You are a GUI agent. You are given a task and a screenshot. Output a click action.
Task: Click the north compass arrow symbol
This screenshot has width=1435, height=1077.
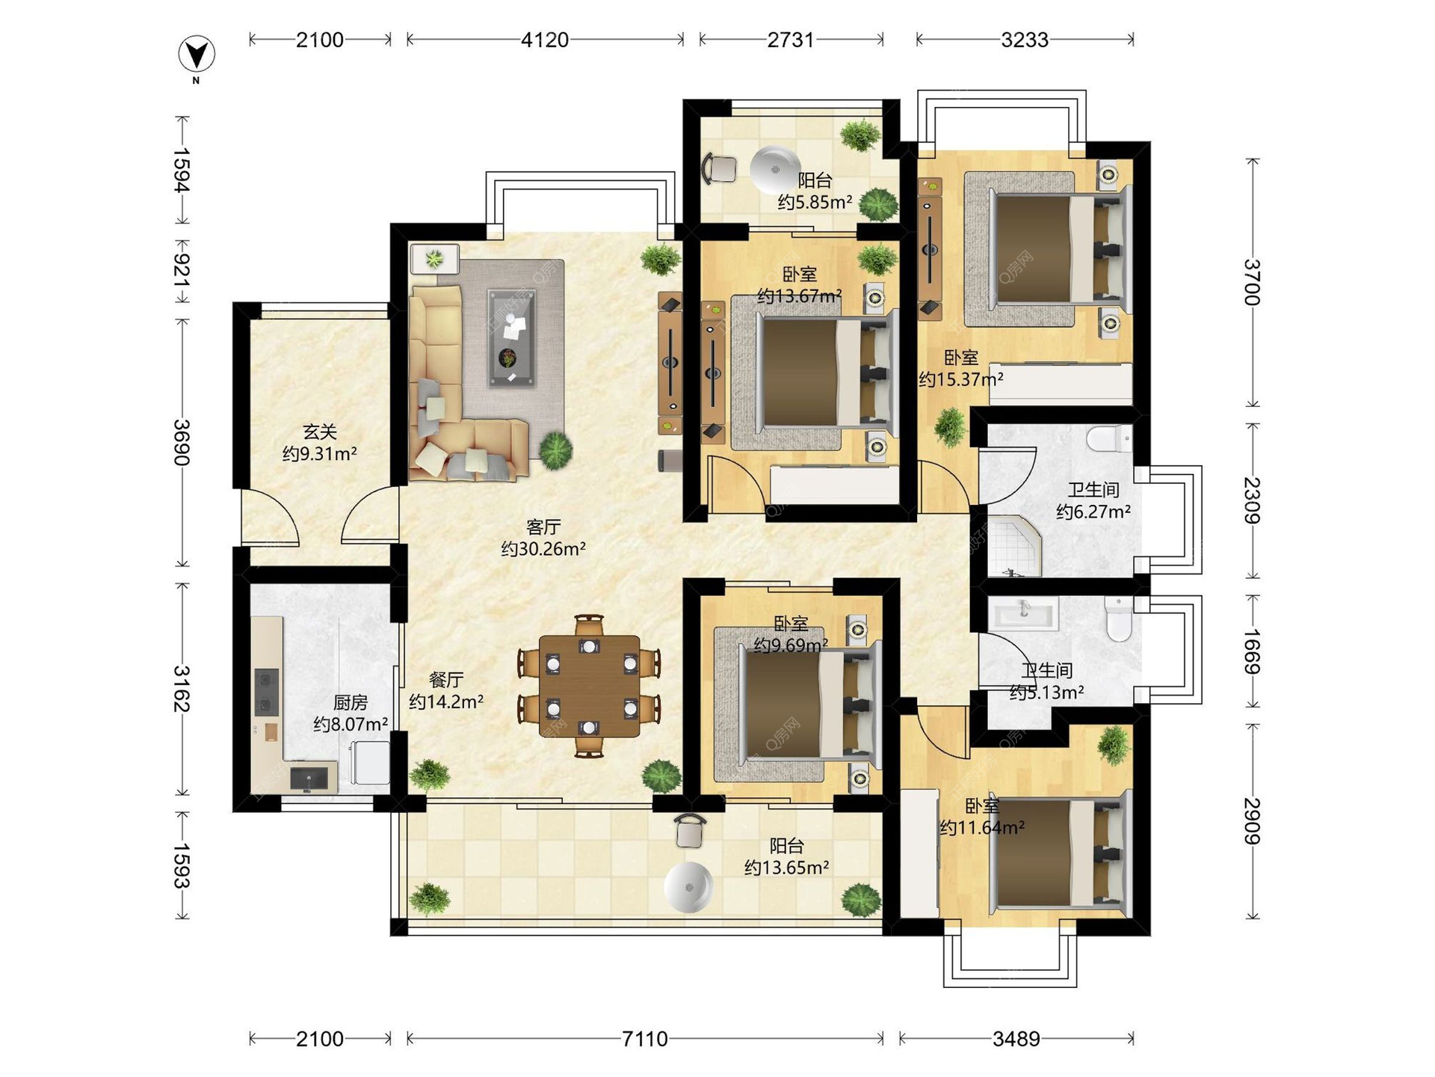pyautogui.click(x=197, y=55)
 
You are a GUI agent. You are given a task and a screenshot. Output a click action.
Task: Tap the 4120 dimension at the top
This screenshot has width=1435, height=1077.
pyautogui.click(x=545, y=40)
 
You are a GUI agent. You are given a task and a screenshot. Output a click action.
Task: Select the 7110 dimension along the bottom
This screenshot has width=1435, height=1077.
pyautogui.click(x=645, y=1039)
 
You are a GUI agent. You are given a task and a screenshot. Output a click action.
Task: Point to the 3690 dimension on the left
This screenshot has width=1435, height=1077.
pyautogui.click(x=182, y=443)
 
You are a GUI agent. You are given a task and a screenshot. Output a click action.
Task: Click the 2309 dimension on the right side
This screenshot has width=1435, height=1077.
pyautogui.click(x=1253, y=500)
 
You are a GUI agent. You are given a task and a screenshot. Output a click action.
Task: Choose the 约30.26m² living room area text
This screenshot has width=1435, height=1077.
pyautogui.click(x=543, y=549)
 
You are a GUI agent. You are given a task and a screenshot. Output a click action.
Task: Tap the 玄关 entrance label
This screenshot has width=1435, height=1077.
pyautogui.click(x=320, y=432)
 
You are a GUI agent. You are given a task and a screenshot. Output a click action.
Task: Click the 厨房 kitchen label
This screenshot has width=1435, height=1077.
pyautogui.click(x=350, y=702)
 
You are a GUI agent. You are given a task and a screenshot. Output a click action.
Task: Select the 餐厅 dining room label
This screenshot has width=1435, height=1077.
pyautogui.click(x=446, y=680)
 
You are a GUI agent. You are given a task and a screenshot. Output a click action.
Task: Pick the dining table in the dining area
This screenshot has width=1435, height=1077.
pyautogui.click(x=590, y=686)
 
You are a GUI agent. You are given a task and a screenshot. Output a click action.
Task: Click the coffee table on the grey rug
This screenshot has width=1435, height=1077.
pyautogui.click(x=512, y=338)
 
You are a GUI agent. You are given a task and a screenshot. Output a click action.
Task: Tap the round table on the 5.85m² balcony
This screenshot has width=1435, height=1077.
pyautogui.click(x=775, y=171)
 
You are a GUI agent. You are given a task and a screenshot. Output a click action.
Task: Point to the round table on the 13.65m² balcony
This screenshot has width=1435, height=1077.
pyautogui.click(x=688, y=888)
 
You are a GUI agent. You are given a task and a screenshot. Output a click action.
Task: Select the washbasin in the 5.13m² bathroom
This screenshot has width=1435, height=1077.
pyautogui.click(x=1023, y=614)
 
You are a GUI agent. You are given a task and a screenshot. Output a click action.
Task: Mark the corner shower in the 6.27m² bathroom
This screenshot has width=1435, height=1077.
pyautogui.click(x=1013, y=547)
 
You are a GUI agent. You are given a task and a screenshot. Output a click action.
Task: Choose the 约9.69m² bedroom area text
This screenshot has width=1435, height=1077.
pyautogui.click(x=790, y=645)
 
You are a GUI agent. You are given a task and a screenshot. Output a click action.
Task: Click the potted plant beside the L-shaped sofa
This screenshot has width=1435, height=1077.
pyautogui.click(x=556, y=450)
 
